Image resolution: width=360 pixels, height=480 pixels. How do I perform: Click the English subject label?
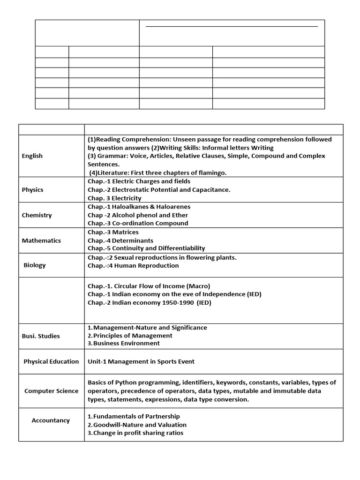(32, 156)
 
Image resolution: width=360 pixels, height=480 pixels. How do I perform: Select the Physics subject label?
(32, 190)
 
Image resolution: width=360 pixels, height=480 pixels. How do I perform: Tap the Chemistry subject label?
(37, 215)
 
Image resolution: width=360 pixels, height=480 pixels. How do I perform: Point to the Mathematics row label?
(41, 240)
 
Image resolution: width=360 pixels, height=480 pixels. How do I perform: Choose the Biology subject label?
(35, 265)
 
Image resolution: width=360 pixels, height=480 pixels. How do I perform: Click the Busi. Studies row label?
(41, 336)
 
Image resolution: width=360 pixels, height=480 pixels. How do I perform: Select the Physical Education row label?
(51, 361)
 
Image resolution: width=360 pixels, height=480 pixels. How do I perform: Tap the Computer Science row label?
(51, 391)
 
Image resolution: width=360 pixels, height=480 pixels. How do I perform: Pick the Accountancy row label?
(51, 420)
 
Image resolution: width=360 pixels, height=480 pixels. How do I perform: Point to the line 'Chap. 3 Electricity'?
(114, 198)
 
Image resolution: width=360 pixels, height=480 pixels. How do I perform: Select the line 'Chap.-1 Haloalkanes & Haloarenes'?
(139, 207)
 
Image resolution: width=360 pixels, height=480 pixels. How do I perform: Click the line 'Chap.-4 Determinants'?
(120, 240)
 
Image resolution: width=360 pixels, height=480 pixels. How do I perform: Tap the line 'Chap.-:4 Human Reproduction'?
(133, 266)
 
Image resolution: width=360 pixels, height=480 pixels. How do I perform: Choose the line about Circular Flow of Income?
(149, 286)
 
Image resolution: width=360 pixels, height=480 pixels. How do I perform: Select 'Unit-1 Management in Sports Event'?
(141, 361)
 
